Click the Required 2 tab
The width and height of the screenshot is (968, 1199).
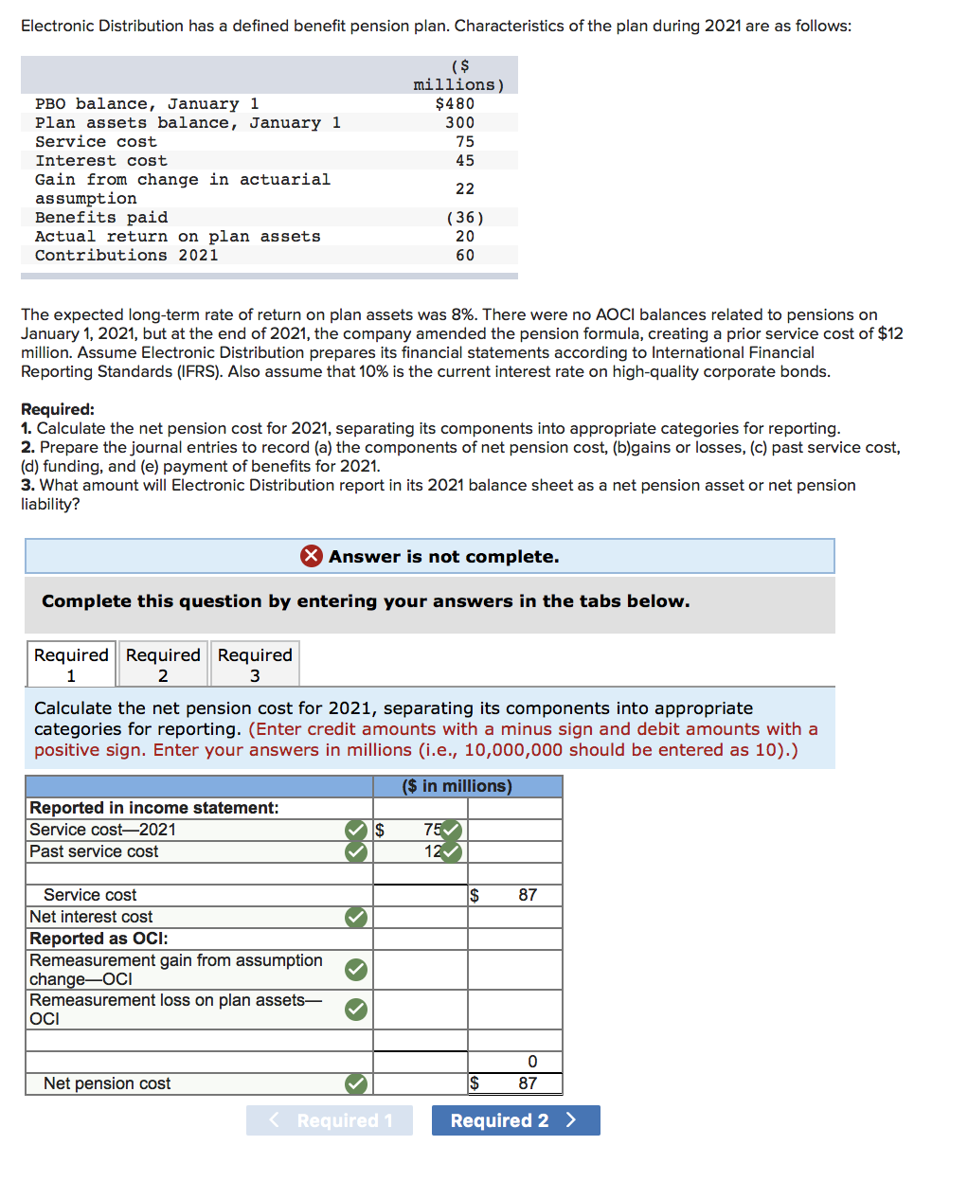click(x=163, y=664)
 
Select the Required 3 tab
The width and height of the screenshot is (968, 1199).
click(x=255, y=664)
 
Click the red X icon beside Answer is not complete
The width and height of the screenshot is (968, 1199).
click(x=311, y=556)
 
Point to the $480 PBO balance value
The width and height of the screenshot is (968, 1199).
click(x=455, y=103)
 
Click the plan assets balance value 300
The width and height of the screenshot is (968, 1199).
click(x=460, y=122)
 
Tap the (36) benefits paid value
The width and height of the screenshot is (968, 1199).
click(x=464, y=217)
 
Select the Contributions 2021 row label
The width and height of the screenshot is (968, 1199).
click(x=126, y=255)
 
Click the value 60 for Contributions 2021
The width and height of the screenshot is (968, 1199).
click(x=465, y=255)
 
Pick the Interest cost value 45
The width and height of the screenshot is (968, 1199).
click(x=465, y=160)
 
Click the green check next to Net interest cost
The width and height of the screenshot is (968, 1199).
click(x=356, y=917)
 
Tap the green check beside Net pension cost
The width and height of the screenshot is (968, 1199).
click(x=356, y=1083)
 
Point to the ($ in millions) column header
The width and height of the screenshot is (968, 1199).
click(x=457, y=786)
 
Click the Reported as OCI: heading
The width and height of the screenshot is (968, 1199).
click(x=99, y=939)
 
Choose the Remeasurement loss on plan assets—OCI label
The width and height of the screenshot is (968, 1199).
click(x=175, y=1009)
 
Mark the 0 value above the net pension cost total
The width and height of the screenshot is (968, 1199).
click(x=532, y=1062)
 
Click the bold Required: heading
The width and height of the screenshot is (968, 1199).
click(x=58, y=409)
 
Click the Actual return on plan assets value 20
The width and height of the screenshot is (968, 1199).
click(x=465, y=236)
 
